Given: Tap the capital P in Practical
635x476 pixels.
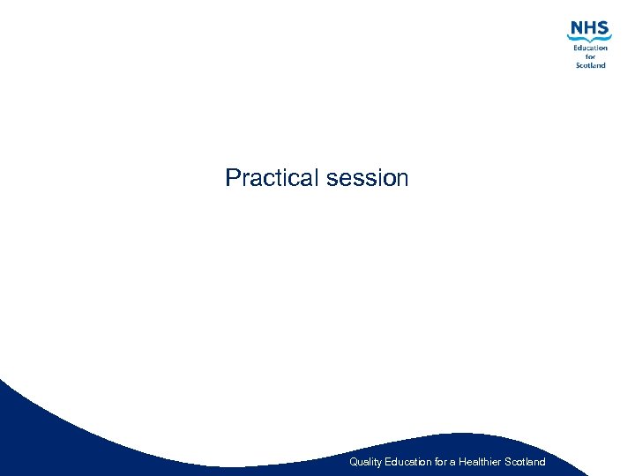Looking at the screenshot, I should pos(233,178).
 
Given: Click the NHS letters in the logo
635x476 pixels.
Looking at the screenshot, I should pos(589,28).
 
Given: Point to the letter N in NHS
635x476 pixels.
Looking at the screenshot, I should pos(577,28).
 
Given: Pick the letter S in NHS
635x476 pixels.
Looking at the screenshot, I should pos(603,28).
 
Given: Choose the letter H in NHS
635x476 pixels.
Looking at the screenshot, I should pos(590,28).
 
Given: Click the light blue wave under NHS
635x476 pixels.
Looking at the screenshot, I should pos(589,40).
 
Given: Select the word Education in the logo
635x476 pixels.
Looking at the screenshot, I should pos(590,48).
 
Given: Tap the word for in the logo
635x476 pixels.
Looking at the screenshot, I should pos(590,56).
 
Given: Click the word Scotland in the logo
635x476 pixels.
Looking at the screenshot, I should pos(590,65).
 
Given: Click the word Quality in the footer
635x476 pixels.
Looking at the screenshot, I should pos(365,462).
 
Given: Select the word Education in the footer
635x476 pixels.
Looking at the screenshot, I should pos(408,462).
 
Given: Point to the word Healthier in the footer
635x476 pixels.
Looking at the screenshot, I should pos(480,462).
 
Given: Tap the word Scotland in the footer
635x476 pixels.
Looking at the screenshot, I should pos(527,462).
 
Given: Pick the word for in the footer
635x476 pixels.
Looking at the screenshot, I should pos(442,462).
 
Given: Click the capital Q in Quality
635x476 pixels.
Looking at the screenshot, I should pos(354,462).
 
